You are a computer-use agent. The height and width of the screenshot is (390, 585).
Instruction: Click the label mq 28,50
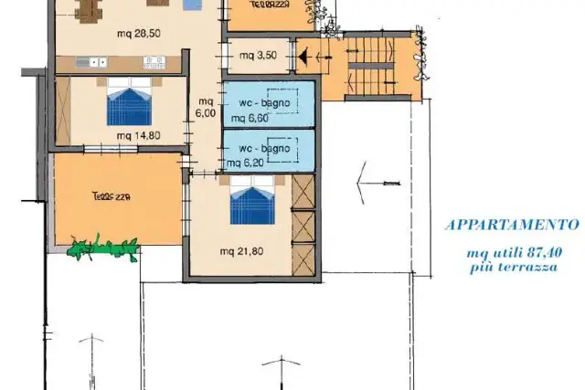pos(139,34)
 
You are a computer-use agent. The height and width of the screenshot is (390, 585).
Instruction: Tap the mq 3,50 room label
pos(258,56)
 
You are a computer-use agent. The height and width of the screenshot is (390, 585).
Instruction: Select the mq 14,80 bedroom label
pos(139,135)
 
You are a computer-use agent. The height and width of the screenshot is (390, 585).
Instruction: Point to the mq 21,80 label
pos(241,251)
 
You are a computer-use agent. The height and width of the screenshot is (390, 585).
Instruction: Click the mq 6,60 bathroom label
pos(250,118)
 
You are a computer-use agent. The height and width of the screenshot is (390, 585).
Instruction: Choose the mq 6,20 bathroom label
pos(246,163)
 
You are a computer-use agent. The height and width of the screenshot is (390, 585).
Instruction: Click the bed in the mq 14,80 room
pos(129,101)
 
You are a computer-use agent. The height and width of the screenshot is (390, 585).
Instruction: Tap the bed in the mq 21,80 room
pos(252,200)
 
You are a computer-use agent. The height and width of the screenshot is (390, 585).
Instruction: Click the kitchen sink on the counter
pos(91,62)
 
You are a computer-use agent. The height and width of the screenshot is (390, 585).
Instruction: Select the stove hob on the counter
pos(154,62)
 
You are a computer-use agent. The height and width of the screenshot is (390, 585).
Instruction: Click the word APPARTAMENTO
pos(513,225)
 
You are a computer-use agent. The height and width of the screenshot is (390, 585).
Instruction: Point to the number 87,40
pos(545,252)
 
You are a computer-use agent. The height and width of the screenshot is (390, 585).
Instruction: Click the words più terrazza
pos(514,268)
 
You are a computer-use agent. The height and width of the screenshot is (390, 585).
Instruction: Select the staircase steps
pos(371,66)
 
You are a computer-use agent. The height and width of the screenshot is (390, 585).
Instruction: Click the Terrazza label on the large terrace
pos(111,196)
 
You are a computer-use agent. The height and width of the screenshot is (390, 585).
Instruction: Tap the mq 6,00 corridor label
pos(206,108)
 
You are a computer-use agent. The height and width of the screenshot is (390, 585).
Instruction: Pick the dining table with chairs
pos(89,9)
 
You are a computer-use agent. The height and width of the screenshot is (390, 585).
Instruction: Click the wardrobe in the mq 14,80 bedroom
pos(63,111)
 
